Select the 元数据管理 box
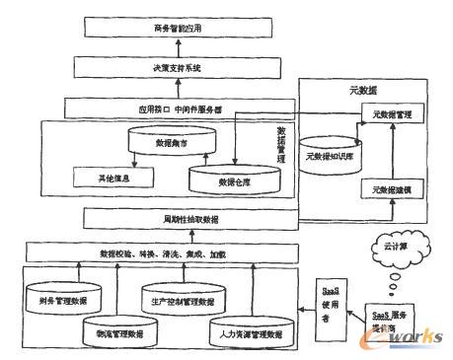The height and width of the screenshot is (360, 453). (389, 115)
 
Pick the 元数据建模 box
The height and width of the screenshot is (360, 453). (392, 186)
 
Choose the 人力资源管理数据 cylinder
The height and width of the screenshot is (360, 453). (241, 331)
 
